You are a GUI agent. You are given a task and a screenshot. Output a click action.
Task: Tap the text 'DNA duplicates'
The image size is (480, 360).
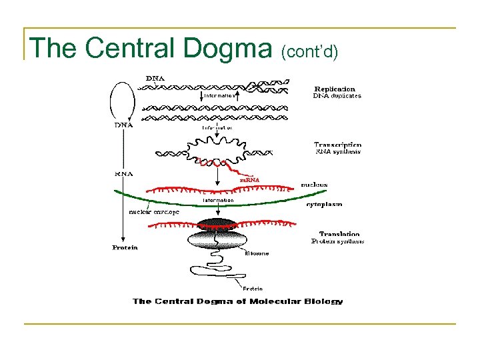(x=337, y=96)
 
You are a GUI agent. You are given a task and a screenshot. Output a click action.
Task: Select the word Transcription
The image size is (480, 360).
(x=337, y=145)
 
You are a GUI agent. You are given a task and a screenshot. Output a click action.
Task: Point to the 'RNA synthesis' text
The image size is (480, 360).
(x=337, y=152)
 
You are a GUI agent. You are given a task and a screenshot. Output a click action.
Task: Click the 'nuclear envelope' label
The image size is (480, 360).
(x=154, y=212)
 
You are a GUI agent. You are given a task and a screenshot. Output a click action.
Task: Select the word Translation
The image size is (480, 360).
(x=339, y=234)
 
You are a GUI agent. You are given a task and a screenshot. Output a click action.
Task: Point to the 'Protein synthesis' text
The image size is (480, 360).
(x=337, y=241)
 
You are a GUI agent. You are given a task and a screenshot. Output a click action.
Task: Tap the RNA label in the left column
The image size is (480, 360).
(x=124, y=173)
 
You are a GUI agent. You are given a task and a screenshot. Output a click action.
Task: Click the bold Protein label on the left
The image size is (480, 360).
(x=125, y=248)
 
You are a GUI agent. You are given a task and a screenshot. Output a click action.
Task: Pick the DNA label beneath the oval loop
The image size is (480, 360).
(x=124, y=125)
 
